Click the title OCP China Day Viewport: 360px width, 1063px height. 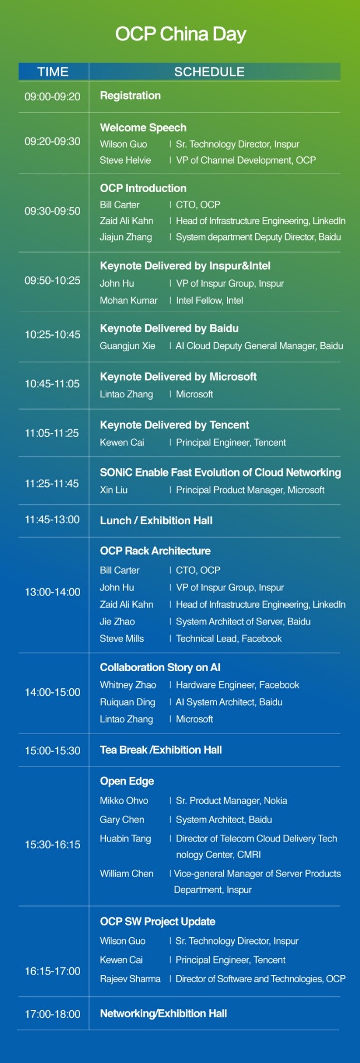[180, 35]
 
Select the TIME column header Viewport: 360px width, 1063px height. [53, 72]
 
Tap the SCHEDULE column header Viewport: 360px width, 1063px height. [209, 72]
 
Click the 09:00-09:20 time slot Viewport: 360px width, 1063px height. [52, 97]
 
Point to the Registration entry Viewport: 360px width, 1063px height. [130, 96]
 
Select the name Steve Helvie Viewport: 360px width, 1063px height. [125, 160]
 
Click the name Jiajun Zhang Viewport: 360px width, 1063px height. [126, 237]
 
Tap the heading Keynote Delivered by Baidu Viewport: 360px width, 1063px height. [169, 328]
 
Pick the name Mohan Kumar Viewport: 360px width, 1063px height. [129, 301]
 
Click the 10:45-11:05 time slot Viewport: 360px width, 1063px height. [52, 384]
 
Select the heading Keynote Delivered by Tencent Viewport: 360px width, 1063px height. [175, 425]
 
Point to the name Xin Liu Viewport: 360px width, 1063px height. [114, 490]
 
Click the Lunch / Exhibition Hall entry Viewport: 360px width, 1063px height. [156, 521]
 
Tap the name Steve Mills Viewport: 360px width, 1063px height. [122, 639]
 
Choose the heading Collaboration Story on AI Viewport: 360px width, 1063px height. [160, 668]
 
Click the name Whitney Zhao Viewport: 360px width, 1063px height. [128, 685]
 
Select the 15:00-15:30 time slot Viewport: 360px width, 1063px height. [52, 751]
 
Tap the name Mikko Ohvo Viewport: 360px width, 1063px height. [124, 801]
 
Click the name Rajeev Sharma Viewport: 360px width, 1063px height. [130, 979]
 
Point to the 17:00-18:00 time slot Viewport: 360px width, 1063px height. [52, 1015]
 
